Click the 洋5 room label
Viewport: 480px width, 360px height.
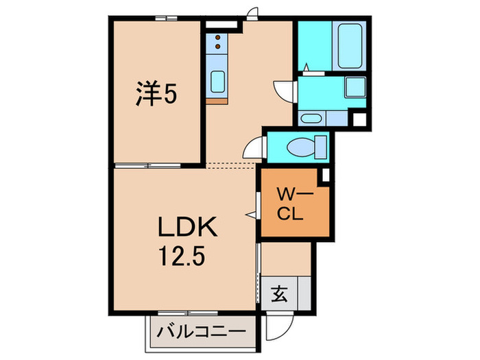click(x=156, y=93)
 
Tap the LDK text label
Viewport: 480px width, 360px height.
click(x=187, y=226)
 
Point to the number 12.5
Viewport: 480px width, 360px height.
click(x=181, y=256)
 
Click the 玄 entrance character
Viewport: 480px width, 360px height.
click(x=279, y=293)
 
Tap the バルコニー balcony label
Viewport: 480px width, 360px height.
click(x=202, y=332)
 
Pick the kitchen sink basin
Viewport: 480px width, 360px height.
click(x=217, y=82)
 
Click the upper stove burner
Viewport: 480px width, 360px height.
click(x=218, y=37)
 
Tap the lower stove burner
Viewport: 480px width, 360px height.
click(x=218, y=47)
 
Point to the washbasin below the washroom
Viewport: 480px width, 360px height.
click(x=310, y=118)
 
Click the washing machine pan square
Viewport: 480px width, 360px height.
click(x=355, y=87)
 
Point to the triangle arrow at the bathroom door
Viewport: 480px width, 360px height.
click(x=307, y=67)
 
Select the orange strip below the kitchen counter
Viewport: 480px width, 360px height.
click(x=217, y=101)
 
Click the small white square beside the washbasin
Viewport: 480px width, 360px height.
click(x=360, y=120)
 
